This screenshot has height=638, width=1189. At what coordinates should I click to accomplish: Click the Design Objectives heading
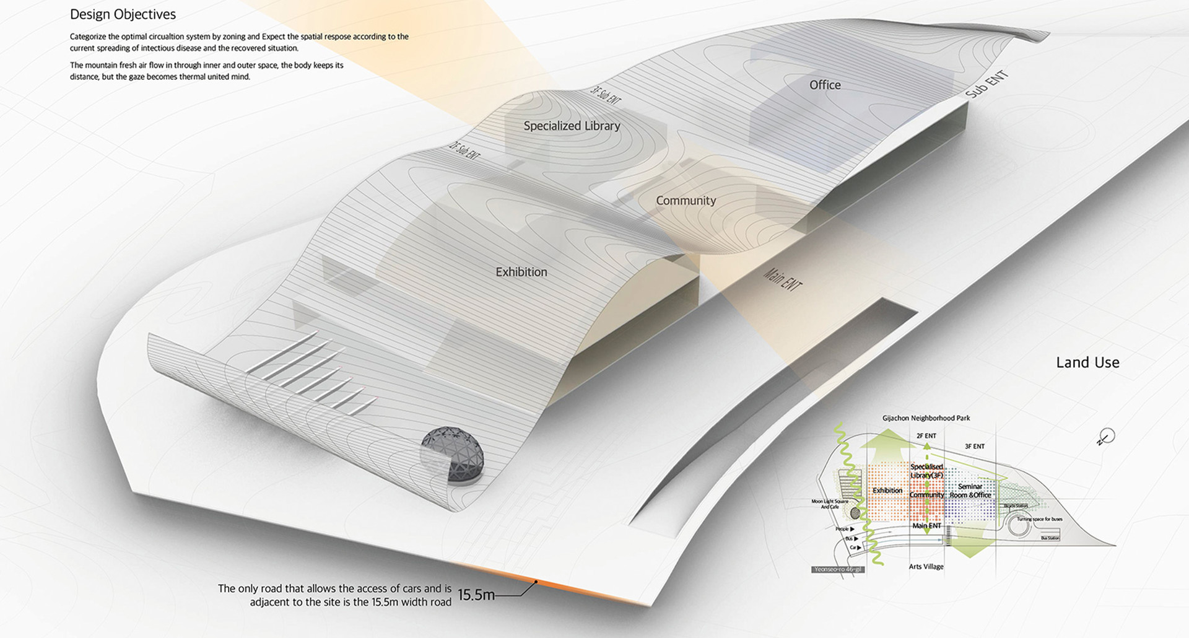coord(123,14)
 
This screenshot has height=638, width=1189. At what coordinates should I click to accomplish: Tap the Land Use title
coord(1087,362)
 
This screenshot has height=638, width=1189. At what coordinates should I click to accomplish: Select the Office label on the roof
coord(825,85)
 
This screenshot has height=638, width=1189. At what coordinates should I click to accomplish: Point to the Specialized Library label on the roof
coord(572,126)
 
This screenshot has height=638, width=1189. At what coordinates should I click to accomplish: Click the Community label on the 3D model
coord(686,201)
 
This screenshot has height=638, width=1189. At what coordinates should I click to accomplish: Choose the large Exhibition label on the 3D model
coord(521,272)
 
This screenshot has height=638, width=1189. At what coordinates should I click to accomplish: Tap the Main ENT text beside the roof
coord(783,279)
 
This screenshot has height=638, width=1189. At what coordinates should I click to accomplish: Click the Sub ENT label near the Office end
coord(987,85)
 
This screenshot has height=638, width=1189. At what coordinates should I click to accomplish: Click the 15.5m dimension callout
coord(476,595)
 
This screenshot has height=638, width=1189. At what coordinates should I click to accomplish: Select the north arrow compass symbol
coord(1106,437)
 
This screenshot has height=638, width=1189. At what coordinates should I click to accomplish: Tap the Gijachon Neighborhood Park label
coord(926,418)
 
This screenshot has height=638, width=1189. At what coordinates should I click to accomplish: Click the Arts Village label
coord(926,566)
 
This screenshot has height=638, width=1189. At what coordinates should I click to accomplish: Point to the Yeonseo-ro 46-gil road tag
coord(838,569)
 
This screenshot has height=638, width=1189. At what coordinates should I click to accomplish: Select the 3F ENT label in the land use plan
coord(974,446)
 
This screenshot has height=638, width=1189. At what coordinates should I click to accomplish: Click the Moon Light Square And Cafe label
coord(830,504)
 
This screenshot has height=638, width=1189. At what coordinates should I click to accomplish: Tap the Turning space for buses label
coord(1039,519)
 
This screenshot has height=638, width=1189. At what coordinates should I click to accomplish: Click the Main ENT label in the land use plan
coord(926,526)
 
